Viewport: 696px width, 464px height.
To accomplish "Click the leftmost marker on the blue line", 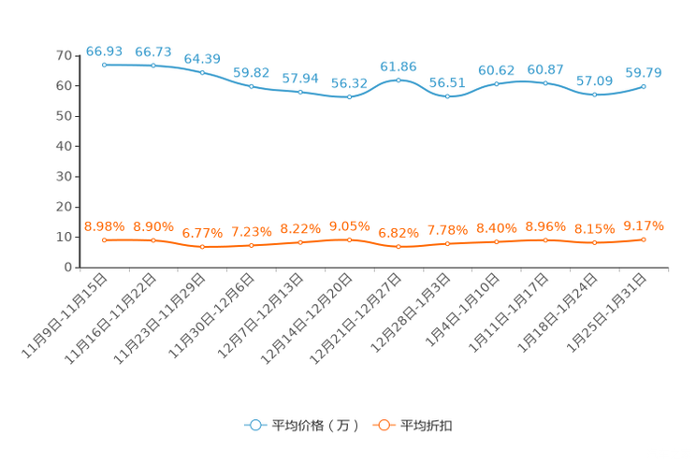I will point(105,65).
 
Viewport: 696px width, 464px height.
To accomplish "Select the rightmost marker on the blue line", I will point(644,86).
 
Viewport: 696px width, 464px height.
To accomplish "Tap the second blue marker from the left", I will point(153,65).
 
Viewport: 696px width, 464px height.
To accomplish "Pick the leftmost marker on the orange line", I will point(105,240).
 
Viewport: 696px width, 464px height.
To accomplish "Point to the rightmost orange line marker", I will point(644,240).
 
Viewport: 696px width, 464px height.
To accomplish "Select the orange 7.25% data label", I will point(251,231).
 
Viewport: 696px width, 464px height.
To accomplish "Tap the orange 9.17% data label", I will point(644,225).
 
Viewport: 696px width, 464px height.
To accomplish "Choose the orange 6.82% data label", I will point(399,233).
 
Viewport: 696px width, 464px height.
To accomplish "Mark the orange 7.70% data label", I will point(447,229).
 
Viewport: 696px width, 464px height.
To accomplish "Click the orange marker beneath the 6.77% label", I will point(203,247).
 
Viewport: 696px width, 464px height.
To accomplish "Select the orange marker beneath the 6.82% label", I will point(399,247).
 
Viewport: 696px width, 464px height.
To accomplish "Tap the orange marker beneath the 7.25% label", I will point(252,245).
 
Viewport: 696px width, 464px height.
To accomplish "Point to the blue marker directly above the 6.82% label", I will point(399,80).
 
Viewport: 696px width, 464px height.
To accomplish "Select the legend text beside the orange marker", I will point(428,426).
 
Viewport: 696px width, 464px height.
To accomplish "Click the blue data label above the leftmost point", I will point(105,50).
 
